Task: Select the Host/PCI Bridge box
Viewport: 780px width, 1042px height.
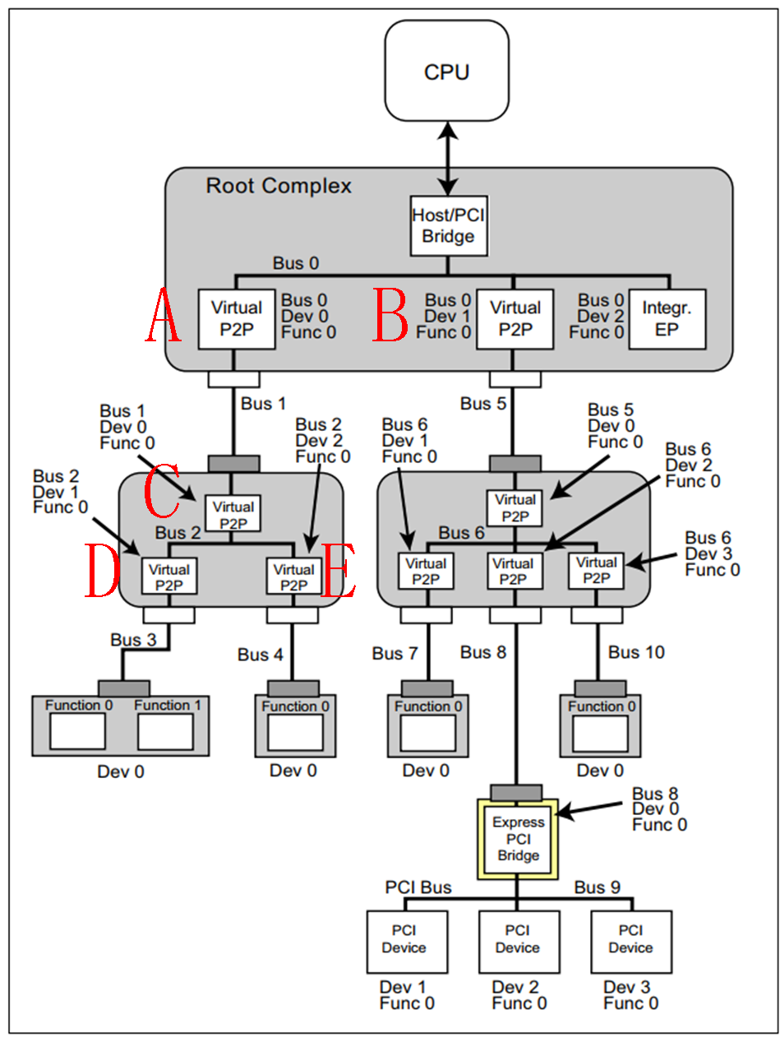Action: click(447, 225)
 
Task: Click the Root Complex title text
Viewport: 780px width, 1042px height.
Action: click(278, 186)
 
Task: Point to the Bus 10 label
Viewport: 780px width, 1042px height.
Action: click(635, 652)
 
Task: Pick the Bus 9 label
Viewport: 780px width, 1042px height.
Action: click(597, 887)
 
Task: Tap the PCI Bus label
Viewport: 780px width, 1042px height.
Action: click(418, 887)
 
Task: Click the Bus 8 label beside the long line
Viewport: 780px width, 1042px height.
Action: click(483, 652)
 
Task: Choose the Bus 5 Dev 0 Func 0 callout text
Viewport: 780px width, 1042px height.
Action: click(615, 426)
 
